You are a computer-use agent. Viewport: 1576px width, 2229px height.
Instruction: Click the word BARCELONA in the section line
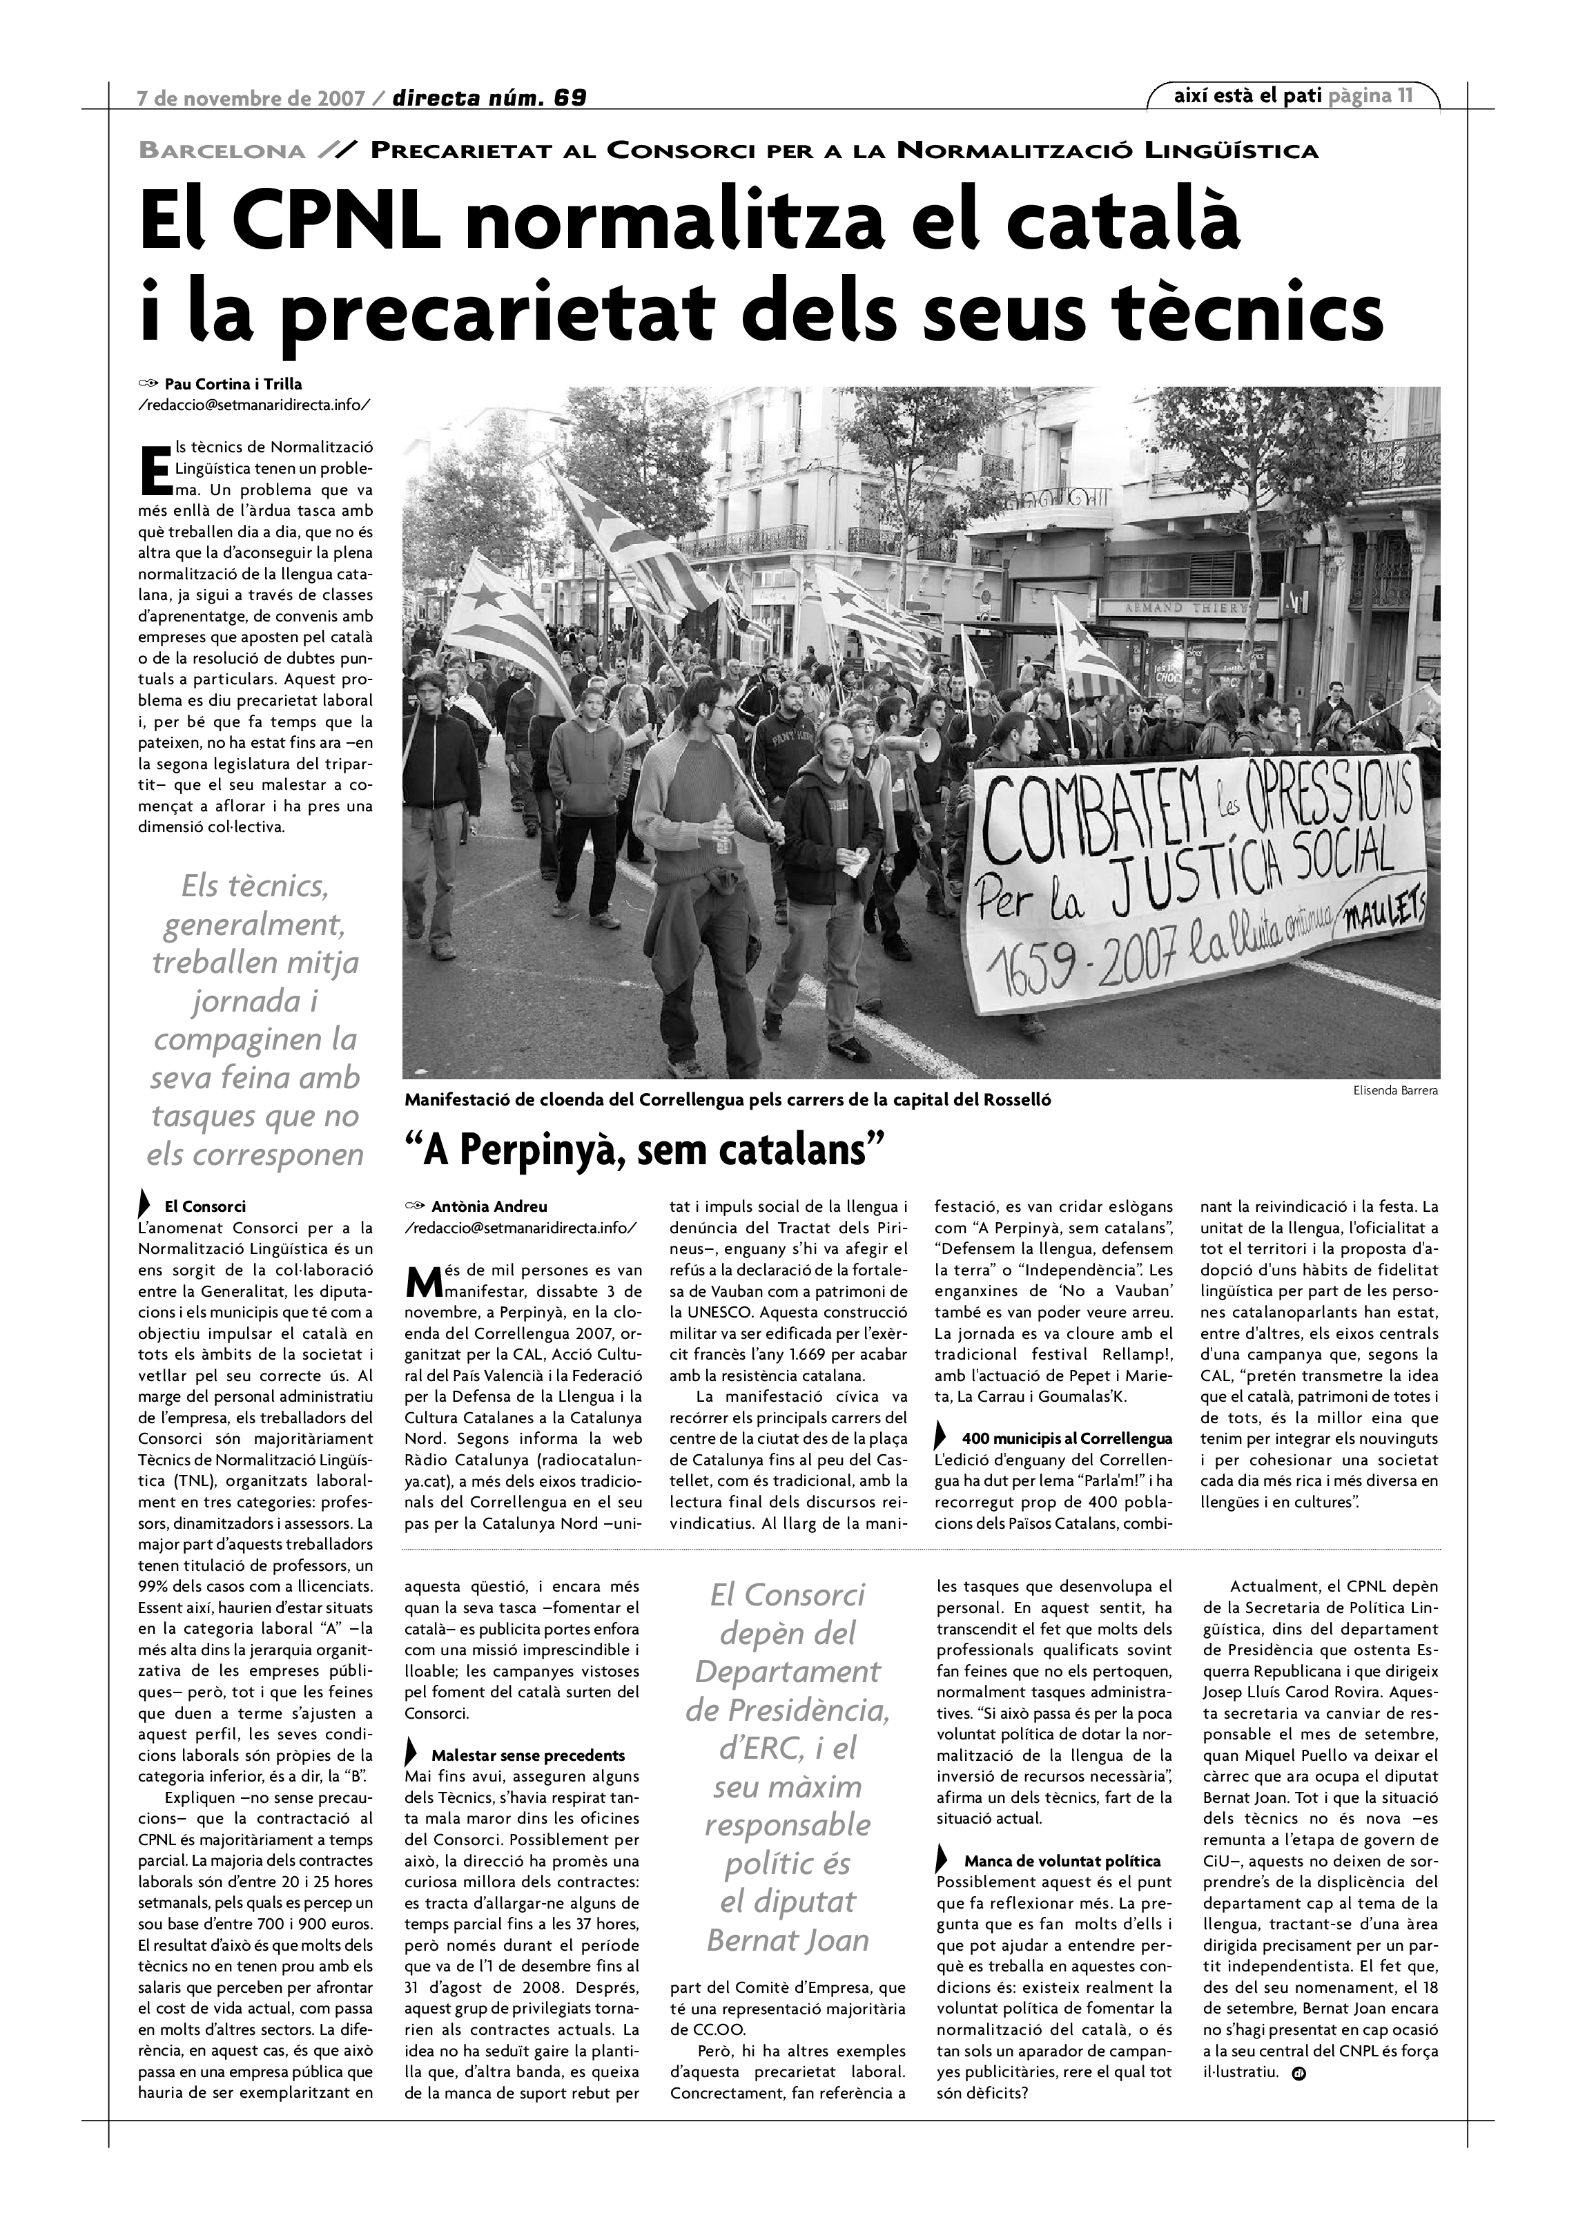coord(222,151)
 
